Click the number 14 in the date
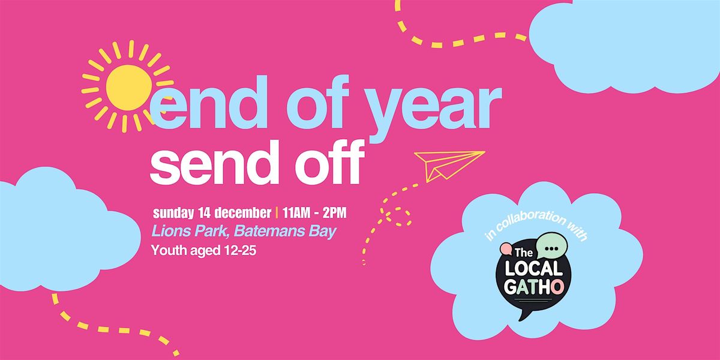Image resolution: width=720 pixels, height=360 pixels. [209, 212]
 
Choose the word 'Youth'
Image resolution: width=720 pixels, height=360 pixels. [169, 250]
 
